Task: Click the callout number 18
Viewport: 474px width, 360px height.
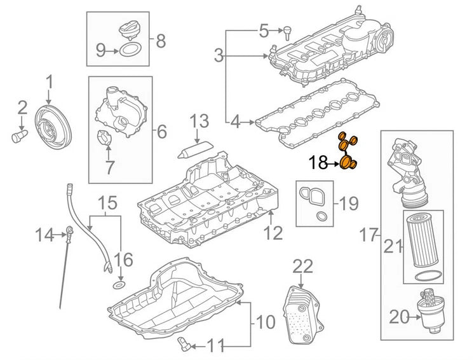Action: pos(320,164)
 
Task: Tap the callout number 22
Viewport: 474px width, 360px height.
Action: pos(304,265)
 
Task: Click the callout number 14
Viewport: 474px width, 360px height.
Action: pos(44,236)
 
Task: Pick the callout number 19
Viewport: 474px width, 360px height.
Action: pos(349,204)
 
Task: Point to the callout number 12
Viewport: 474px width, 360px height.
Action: pos(273,233)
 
